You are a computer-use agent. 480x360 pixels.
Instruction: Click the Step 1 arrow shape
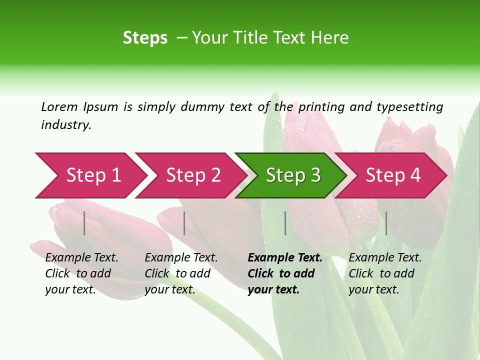(90, 175)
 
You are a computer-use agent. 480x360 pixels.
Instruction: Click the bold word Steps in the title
(145, 38)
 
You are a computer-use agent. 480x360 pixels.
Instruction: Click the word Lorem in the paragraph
(59, 106)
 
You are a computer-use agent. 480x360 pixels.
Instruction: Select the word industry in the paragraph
(66, 125)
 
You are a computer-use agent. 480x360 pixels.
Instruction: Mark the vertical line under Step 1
(84, 223)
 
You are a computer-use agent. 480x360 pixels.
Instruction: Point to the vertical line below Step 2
(184, 223)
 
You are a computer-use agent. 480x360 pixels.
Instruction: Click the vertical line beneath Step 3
(285, 223)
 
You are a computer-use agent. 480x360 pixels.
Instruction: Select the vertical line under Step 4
(386, 223)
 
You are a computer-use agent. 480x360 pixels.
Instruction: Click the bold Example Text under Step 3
(285, 258)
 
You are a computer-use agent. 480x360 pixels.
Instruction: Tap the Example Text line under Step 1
(81, 258)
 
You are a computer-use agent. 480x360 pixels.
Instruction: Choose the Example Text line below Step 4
(385, 258)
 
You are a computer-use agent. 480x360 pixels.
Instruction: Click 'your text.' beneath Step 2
(169, 289)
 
